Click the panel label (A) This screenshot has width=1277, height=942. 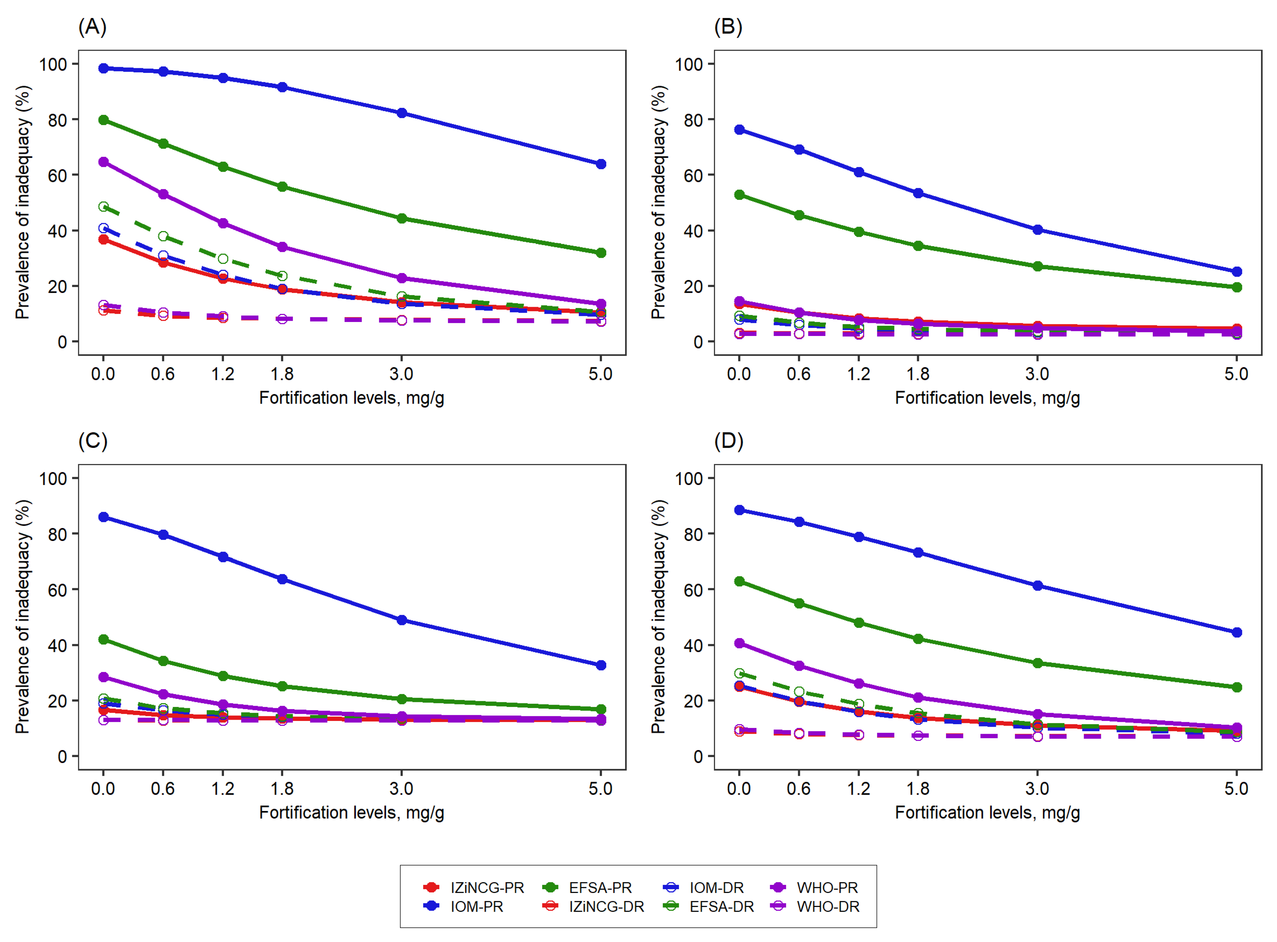pos(92,27)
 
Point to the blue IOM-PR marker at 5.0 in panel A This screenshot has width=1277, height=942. pos(600,164)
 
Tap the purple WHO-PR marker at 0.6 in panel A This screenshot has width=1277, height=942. pos(163,195)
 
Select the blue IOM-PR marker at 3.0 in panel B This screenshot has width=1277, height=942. pos(1038,230)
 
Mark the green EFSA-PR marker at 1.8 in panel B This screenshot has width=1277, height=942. pos(918,246)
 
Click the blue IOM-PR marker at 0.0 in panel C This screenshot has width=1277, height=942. pos(103,517)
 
